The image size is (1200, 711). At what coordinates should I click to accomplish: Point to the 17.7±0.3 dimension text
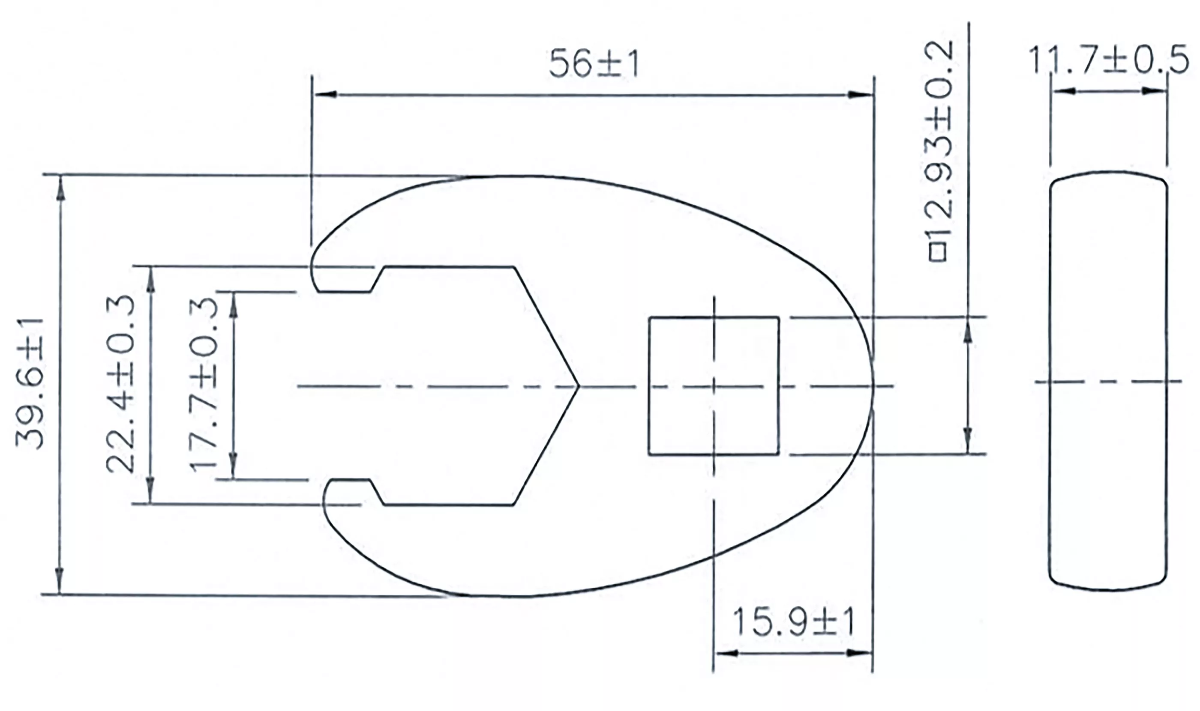click(204, 384)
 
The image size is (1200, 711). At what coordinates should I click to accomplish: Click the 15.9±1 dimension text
click(793, 622)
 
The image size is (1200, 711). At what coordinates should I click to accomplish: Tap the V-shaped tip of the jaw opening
click(578, 385)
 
